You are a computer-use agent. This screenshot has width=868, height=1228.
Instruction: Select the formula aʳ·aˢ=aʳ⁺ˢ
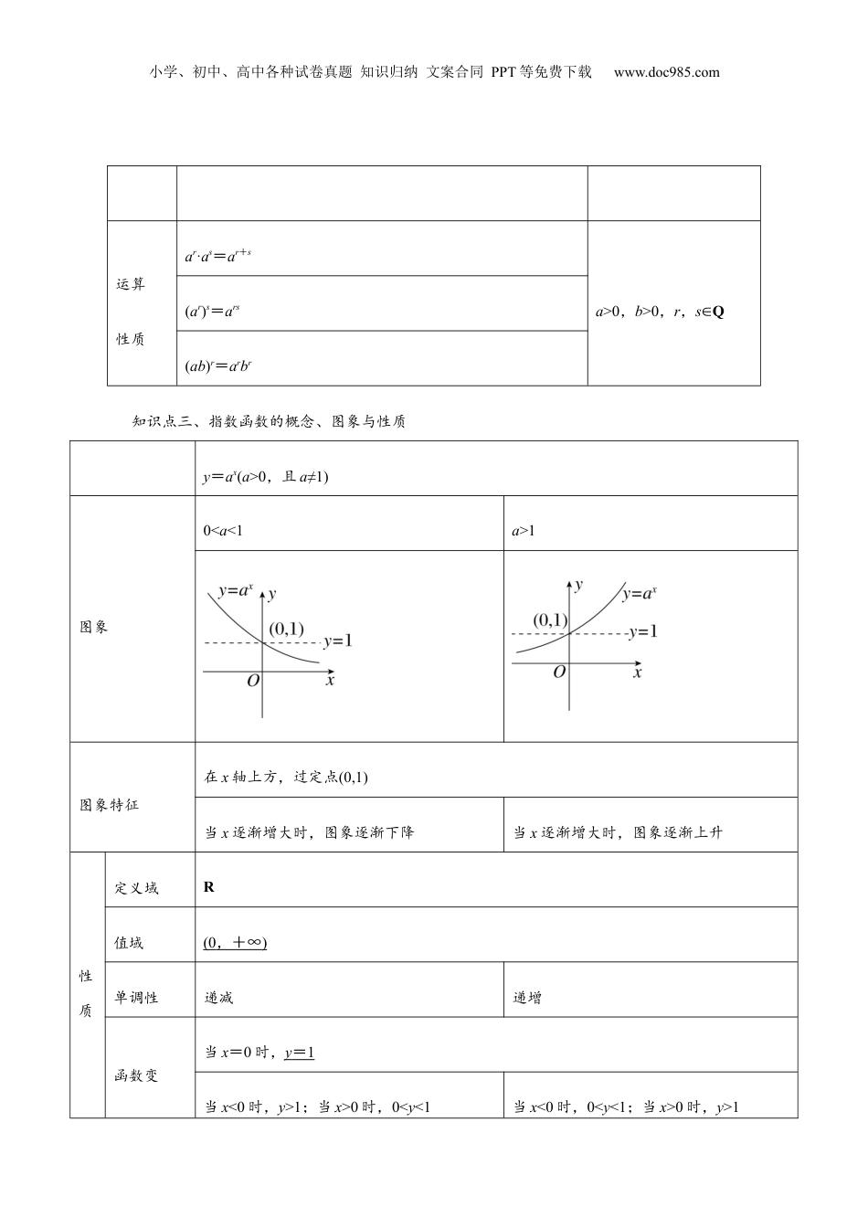[x=217, y=257]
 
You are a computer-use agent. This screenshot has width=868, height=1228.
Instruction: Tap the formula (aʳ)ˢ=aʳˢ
[x=212, y=312]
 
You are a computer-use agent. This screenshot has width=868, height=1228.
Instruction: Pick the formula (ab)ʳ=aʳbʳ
[x=218, y=366]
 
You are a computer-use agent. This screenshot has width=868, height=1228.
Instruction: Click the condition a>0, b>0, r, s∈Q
[x=660, y=312]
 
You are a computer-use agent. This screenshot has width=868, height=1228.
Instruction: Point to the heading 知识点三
[x=160, y=421]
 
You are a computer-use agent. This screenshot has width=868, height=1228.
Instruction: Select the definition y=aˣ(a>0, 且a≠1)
[x=265, y=476]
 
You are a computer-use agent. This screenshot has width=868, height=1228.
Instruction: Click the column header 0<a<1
[x=223, y=531]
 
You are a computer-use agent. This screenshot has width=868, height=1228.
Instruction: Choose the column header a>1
[x=524, y=531]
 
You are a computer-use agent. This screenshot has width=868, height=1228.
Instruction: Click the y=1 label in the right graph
[x=643, y=631]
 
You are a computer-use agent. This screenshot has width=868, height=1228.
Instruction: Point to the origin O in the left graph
[x=253, y=681]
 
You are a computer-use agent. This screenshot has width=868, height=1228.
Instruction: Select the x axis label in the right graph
[x=637, y=672]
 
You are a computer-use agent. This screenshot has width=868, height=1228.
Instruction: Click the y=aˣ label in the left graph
[x=235, y=591]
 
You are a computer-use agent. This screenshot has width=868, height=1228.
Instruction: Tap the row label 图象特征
[x=110, y=806]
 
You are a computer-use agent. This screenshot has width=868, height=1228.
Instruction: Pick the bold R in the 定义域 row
[x=209, y=887]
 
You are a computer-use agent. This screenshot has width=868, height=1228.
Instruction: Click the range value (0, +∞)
[x=235, y=943]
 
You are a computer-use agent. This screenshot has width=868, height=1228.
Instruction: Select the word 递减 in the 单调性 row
[x=219, y=998]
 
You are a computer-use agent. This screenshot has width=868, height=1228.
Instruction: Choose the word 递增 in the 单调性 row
[x=527, y=998]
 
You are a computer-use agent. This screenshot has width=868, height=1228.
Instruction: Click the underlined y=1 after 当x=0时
[x=300, y=1053]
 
